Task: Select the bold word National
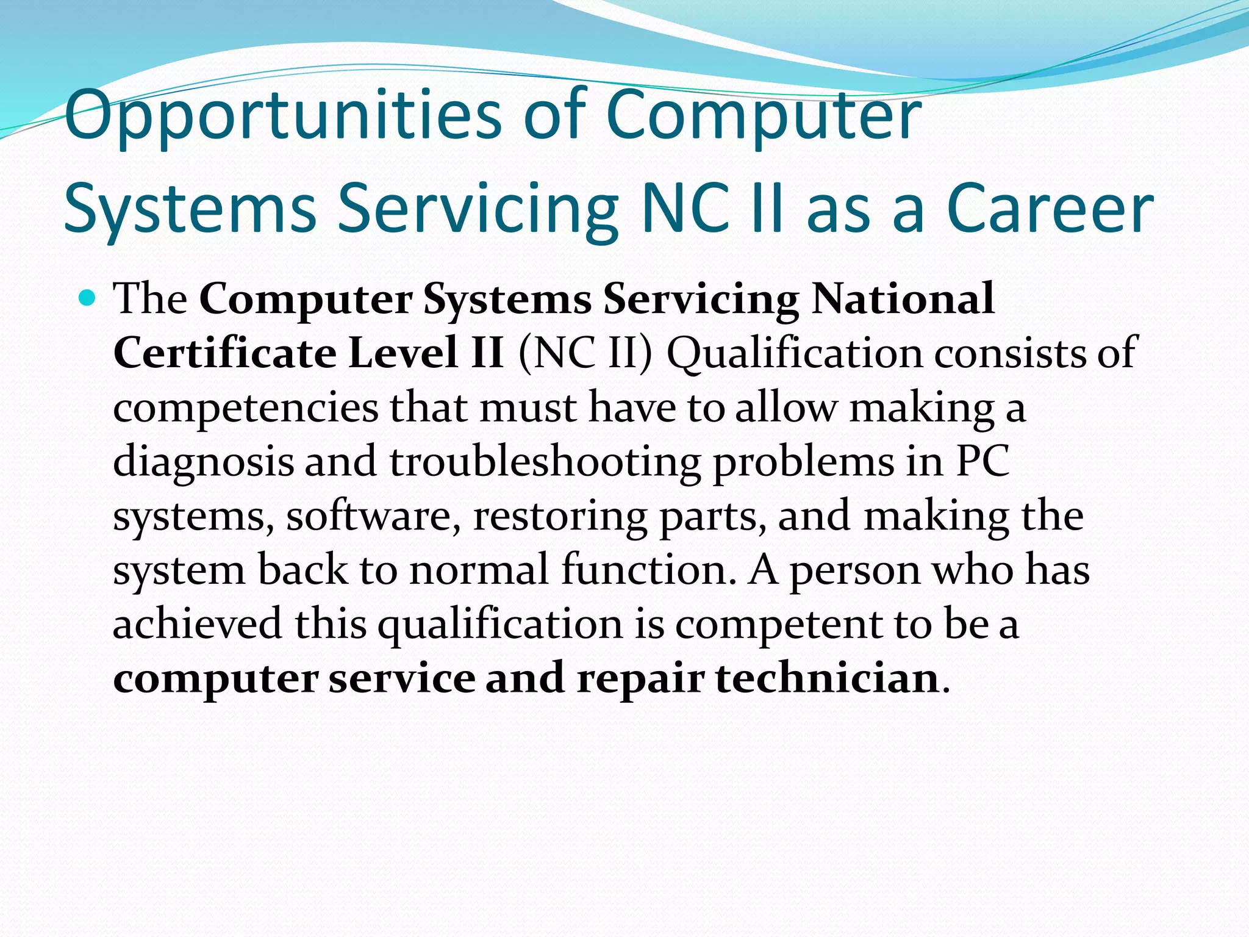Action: [x=903, y=299]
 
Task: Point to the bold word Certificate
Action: [x=224, y=353]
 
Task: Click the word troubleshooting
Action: [x=545, y=462]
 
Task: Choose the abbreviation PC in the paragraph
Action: [x=982, y=461]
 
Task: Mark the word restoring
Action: [x=560, y=516]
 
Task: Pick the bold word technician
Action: [x=827, y=678]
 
